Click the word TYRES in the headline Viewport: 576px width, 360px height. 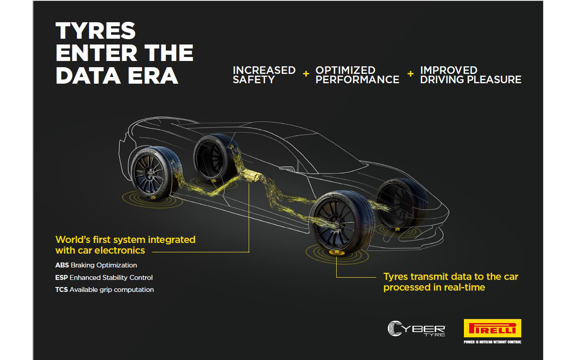[x=95, y=31]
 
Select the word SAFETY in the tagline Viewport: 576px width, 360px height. [x=254, y=80]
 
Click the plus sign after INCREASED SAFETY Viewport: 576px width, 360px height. [x=306, y=74]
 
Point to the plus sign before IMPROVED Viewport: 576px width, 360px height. [x=411, y=74]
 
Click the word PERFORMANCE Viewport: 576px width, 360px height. [x=358, y=80]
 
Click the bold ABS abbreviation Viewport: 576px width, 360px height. [x=62, y=265]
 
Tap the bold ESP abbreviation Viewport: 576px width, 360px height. [x=61, y=277]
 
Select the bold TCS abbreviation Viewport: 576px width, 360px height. [x=61, y=290]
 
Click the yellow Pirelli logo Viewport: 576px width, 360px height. [x=492, y=328]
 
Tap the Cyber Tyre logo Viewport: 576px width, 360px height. [x=416, y=328]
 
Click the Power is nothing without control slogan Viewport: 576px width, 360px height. [x=492, y=342]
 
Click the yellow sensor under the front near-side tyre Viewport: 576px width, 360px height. [x=336, y=252]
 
